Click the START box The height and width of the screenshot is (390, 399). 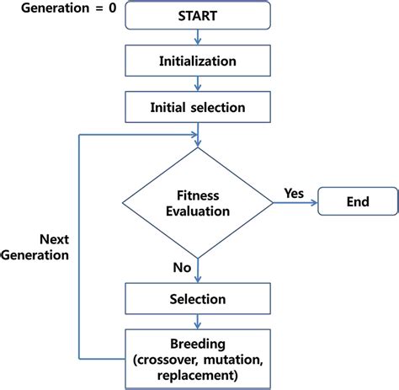[x=198, y=15]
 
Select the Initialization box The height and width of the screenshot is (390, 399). [x=198, y=61]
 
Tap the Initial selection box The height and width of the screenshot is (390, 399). [x=198, y=107]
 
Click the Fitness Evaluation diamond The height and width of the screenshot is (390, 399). [x=198, y=203]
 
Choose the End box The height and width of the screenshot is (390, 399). [x=358, y=201]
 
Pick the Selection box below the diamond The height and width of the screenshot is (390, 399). [x=198, y=298]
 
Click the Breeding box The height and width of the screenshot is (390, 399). [x=198, y=359]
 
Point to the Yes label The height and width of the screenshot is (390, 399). [x=294, y=194]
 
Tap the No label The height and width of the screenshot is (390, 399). [x=182, y=267]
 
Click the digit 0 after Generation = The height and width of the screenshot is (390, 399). [x=113, y=8]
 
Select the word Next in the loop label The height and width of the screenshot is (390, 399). [x=54, y=239]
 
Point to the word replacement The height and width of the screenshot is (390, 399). [x=197, y=376]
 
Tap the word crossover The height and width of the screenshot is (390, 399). [x=167, y=360]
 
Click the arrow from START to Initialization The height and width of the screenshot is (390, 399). [x=198, y=37]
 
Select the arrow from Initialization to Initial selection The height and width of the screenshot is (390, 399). [x=198, y=83]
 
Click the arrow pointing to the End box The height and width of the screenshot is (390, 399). [x=295, y=203]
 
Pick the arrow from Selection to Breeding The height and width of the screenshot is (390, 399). [x=198, y=322]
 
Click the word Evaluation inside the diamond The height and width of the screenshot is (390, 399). [x=198, y=211]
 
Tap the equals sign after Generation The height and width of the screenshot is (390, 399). [x=99, y=8]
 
